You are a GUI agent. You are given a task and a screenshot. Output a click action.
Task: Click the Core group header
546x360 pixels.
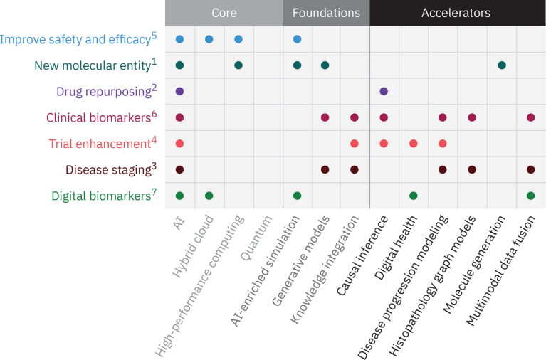224,13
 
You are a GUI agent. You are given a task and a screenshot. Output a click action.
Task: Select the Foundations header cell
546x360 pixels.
326,13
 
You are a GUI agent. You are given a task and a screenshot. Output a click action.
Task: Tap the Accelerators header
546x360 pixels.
456,13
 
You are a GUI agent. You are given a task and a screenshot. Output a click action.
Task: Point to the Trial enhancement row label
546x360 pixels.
100,144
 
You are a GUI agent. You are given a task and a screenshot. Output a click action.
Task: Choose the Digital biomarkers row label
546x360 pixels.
100,196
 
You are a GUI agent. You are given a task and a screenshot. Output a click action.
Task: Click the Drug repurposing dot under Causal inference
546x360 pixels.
384,91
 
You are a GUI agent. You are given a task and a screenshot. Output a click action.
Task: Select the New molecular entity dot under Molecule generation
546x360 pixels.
502,65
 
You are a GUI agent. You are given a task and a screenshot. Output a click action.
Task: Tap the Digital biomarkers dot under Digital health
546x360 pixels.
413,196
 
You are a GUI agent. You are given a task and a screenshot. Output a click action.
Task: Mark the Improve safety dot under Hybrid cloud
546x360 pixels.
209,39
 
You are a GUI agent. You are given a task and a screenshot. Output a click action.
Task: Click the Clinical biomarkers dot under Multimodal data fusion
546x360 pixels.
531,117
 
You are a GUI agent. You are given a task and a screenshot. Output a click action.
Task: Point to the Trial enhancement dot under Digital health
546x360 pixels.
413,144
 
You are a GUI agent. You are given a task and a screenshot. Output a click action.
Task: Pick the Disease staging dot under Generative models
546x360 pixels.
325,169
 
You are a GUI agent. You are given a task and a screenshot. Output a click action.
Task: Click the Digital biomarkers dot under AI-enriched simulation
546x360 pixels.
297,196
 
